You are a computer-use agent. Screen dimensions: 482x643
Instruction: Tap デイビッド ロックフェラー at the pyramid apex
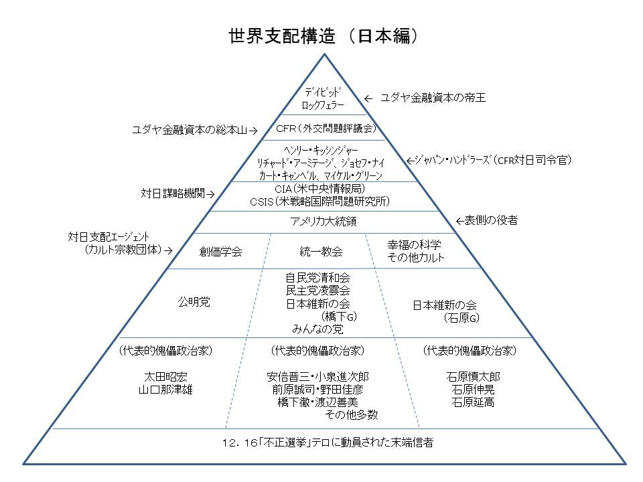coord(324,98)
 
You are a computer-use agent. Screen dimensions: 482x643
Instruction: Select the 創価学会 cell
coord(220,252)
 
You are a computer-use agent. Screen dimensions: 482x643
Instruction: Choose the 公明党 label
coord(194,303)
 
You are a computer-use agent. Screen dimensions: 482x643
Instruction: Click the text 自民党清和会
coord(317,276)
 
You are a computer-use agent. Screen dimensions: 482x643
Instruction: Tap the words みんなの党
coord(317,329)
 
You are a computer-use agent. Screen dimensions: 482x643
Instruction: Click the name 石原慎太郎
coord(473,376)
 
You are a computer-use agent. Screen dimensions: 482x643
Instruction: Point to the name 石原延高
coord(473,402)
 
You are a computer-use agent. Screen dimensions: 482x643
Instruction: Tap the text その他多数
coord(352,415)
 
